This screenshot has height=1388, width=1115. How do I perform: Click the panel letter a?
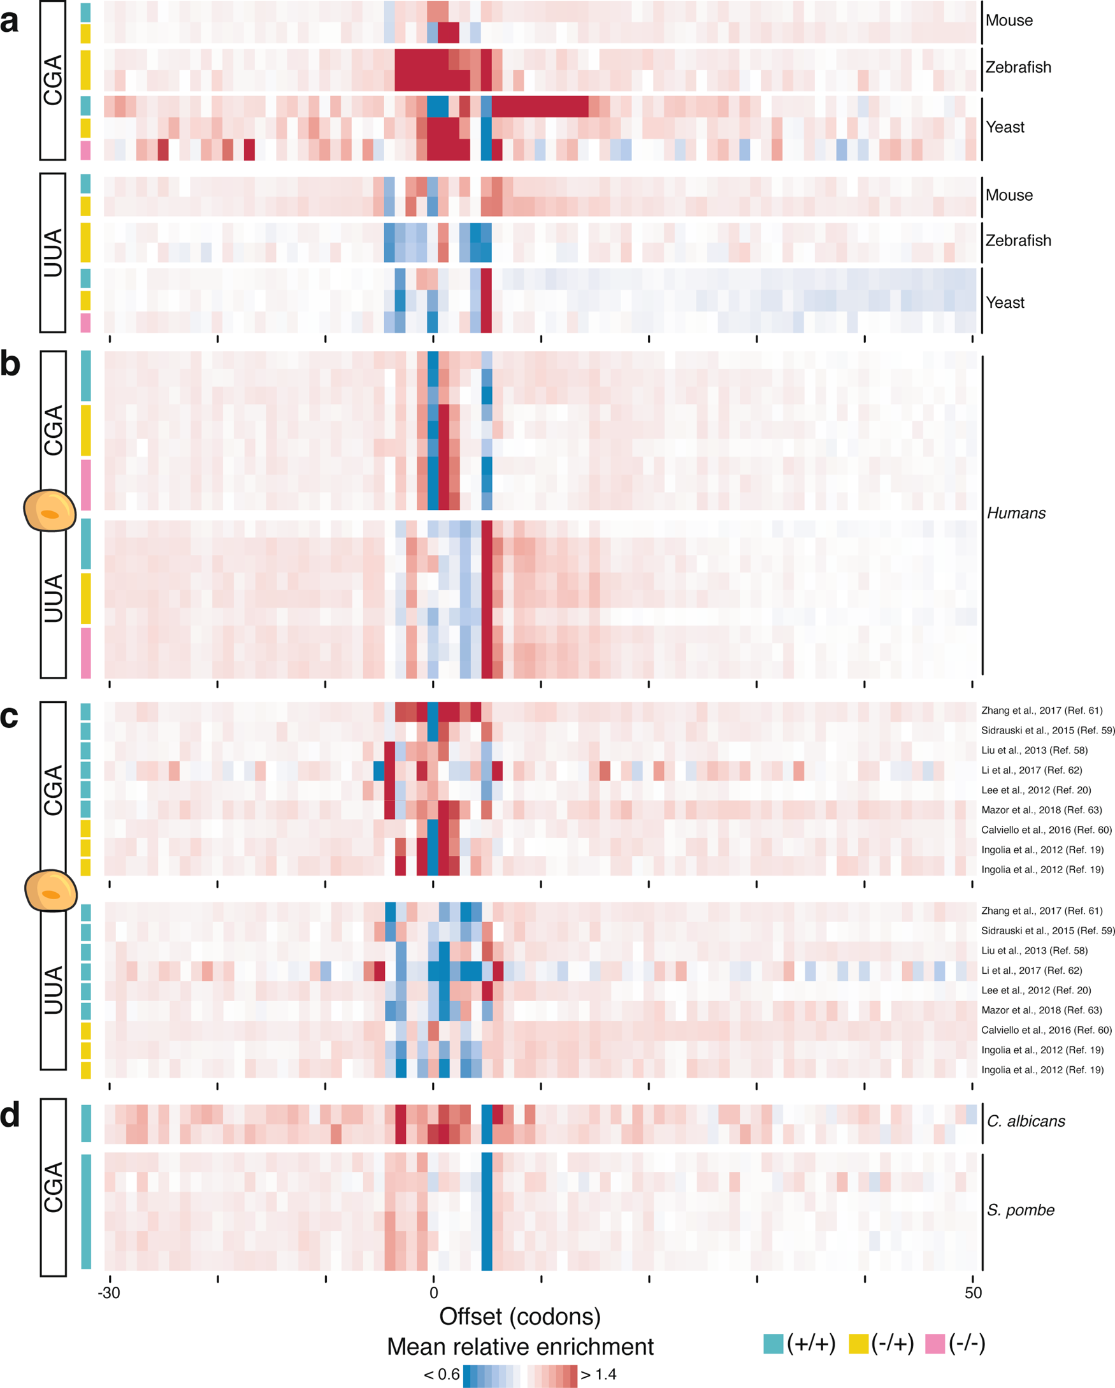coord(9,21)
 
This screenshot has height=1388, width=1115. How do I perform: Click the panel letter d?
coord(10,1116)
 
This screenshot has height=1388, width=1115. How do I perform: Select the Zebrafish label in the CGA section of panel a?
coord(1018,68)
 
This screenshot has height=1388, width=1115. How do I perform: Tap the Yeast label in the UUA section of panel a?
coord(1005,303)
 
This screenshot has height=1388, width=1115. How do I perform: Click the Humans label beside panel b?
coord(1016,513)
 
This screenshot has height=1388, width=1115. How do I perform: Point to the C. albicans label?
coord(1026,1121)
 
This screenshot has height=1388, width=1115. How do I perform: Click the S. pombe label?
coord(1020,1210)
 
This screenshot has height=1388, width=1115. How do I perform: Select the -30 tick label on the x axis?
coord(109,1292)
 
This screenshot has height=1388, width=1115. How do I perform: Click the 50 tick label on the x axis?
coord(973,1292)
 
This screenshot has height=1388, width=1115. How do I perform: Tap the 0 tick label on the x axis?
coord(433,1292)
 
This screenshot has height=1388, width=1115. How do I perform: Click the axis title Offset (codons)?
coord(519,1317)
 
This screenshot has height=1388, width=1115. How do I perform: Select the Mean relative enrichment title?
coord(519,1347)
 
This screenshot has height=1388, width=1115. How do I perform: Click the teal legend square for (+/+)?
coord(773,1344)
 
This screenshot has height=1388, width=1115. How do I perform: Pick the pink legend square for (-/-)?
coord(935,1344)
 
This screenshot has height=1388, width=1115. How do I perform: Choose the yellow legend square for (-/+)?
coord(858,1344)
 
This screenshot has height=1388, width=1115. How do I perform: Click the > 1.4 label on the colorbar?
coord(598,1375)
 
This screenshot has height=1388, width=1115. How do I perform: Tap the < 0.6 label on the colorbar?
coord(442,1375)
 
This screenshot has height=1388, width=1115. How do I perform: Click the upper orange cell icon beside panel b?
coord(50,510)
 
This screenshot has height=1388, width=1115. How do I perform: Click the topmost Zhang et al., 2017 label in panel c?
coord(1041,711)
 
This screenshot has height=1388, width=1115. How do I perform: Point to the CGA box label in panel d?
coord(53,1187)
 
